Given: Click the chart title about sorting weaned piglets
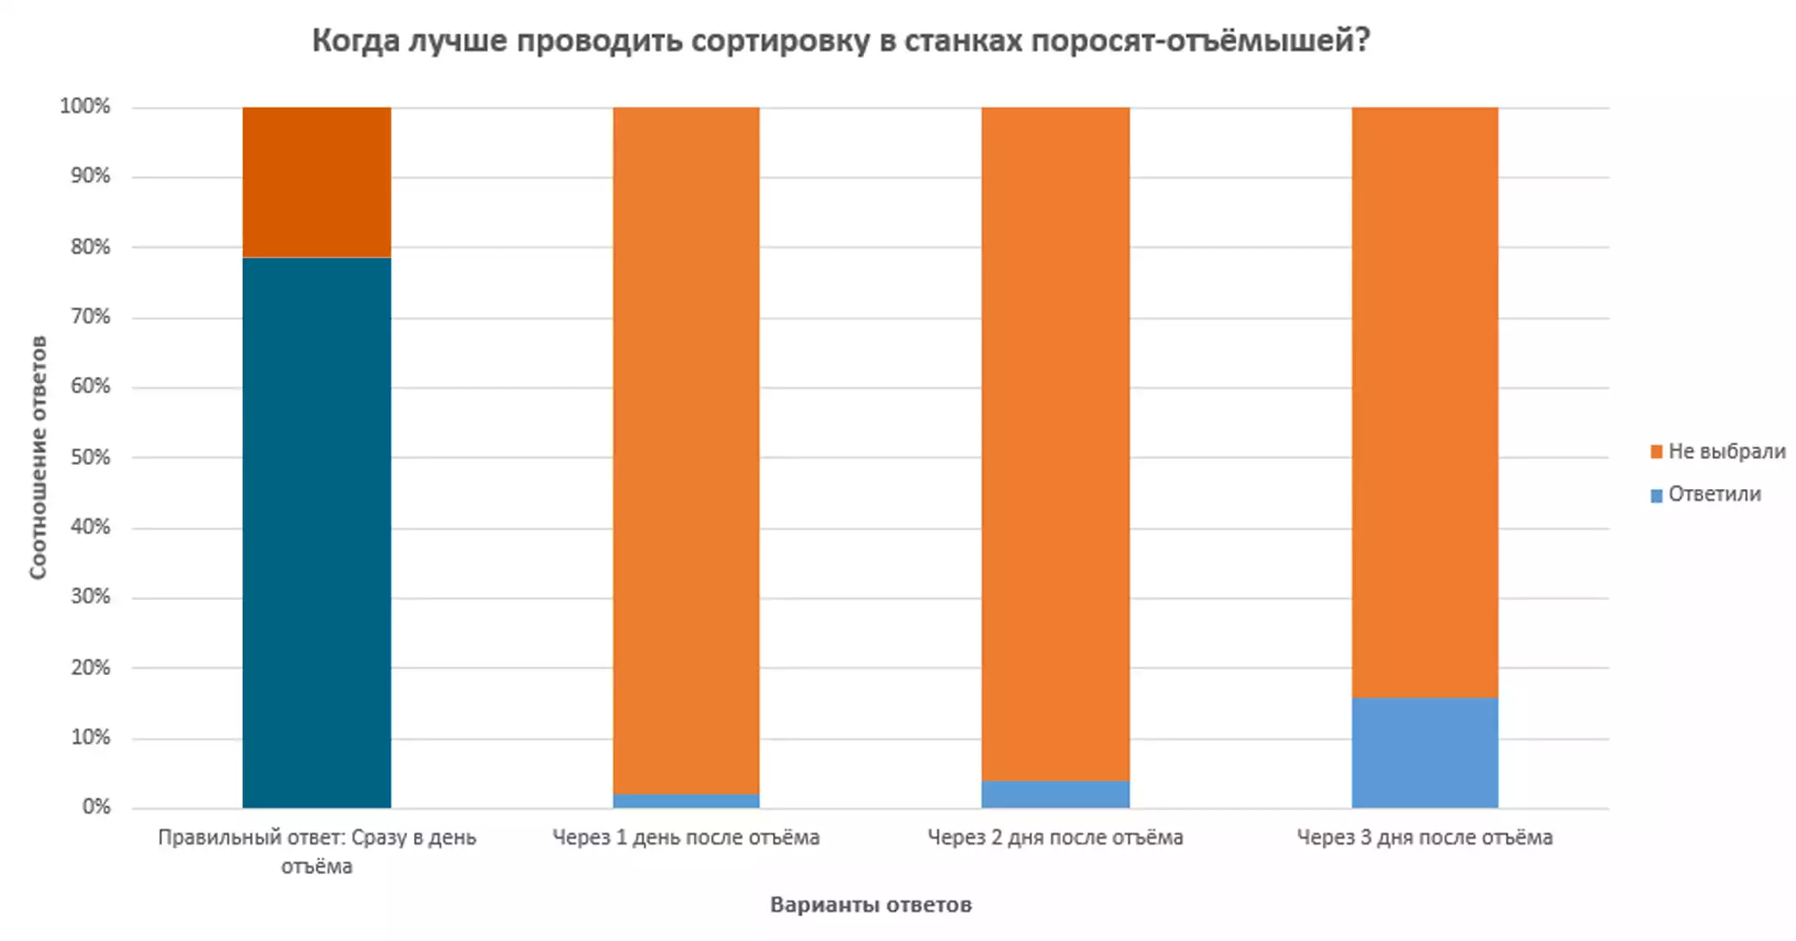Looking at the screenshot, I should (x=840, y=40).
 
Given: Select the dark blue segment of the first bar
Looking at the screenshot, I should (x=317, y=532).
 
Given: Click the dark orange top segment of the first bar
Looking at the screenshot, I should (x=317, y=182).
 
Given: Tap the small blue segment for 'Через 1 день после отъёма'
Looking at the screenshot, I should (x=686, y=801).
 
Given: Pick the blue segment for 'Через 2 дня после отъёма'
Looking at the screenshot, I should (x=1055, y=794).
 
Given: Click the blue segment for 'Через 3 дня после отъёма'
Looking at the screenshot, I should (x=1424, y=752).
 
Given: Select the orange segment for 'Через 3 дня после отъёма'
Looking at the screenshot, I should (x=1424, y=402).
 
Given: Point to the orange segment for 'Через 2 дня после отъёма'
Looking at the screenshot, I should (x=1055, y=443).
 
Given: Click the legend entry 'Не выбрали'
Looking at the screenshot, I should (x=1718, y=451).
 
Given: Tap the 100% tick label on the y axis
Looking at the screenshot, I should (x=85, y=106).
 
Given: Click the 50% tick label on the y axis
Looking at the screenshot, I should (x=90, y=456).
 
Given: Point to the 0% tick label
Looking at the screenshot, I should (x=96, y=807).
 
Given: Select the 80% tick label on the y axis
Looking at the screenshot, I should (x=90, y=246).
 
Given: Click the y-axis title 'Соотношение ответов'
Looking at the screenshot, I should (x=38, y=457).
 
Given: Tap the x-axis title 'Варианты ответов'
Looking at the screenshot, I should (x=870, y=905).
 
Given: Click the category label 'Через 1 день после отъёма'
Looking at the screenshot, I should (x=686, y=837).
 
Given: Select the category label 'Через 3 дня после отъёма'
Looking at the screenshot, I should (x=1424, y=837).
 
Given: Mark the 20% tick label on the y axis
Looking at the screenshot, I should (x=90, y=667).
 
